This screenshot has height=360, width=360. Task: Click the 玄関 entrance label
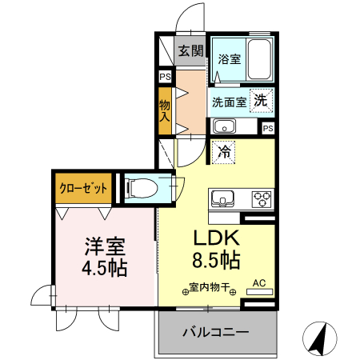point(190,51)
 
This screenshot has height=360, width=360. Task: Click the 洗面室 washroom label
point(228,102)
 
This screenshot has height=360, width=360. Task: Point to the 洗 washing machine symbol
point(261,100)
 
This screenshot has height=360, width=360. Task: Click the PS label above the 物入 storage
point(165,77)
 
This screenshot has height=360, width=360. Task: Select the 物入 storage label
point(165,109)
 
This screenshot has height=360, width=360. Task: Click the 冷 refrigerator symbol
point(226,150)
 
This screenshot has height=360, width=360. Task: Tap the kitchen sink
point(222,198)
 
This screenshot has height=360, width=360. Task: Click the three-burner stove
point(262,198)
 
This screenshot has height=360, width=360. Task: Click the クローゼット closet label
point(83,190)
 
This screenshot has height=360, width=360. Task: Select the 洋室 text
point(103,245)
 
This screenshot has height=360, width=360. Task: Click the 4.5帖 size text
point(103,267)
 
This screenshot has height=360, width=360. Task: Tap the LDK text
point(214,238)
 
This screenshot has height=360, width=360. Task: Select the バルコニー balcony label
point(215,331)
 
